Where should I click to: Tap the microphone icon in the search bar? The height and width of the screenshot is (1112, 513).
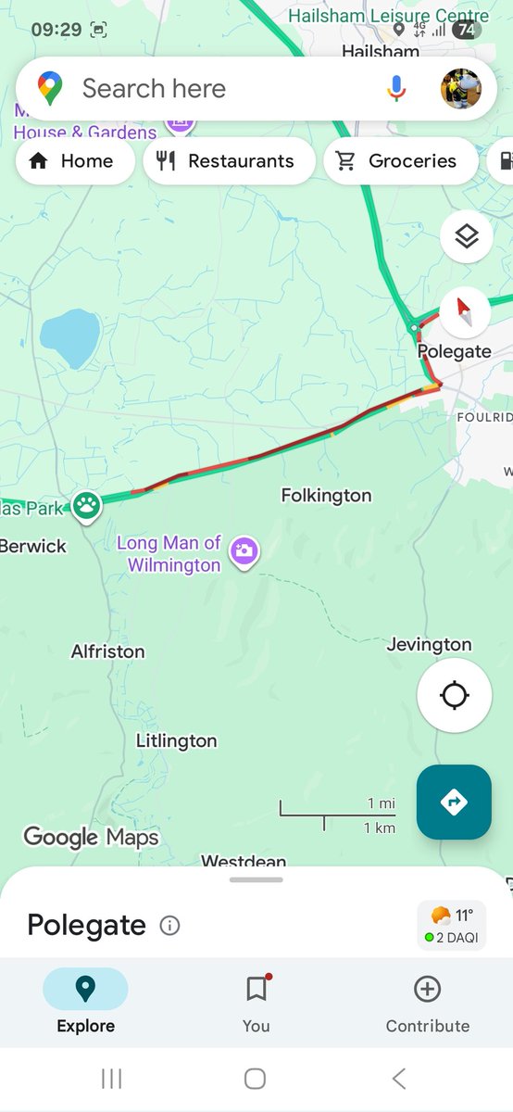pyautogui.click(x=396, y=88)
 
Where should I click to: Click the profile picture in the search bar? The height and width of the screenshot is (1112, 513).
pyautogui.click(x=460, y=89)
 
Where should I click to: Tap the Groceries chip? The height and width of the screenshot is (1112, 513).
pyautogui.click(x=400, y=161)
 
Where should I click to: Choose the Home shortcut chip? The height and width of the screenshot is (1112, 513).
pyautogui.click(x=74, y=161)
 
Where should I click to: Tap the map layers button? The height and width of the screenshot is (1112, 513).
pyautogui.click(x=466, y=237)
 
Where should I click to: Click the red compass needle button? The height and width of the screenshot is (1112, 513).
pyautogui.click(x=466, y=313)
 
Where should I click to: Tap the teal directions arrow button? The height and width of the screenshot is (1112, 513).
pyautogui.click(x=454, y=802)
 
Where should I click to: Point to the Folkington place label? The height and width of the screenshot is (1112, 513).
pyautogui.click(x=326, y=496)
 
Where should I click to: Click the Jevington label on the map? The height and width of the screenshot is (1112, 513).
pyautogui.click(x=429, y=644)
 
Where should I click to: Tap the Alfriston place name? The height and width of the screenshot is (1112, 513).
pyautogui.click(x=107, y=651)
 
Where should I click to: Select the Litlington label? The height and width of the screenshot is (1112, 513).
pyautogui.click(x=176, y=740)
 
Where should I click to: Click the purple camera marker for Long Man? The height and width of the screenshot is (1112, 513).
pyautogui.click(x=244, y=550)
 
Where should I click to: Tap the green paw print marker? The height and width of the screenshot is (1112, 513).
pyautogui.click(x=87, y=505)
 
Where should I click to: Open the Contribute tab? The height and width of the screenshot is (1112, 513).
pyautogui.click(x=427, y=1005)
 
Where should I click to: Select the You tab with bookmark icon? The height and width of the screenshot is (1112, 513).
pyautogui.click(x=256, y=1005)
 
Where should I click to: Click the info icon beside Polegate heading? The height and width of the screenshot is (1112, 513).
pyautogui.click(x=169, y=925)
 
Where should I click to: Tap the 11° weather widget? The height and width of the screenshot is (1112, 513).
pyautogui.click(x=452, y=925)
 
